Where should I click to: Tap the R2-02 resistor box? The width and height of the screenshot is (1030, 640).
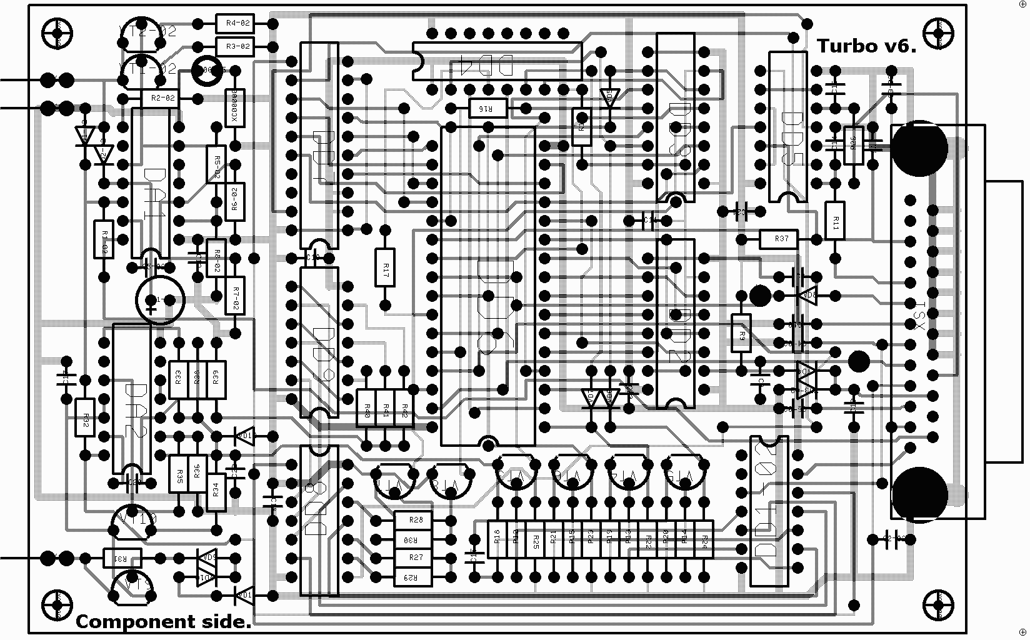160,98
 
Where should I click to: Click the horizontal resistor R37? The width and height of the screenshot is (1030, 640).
779,239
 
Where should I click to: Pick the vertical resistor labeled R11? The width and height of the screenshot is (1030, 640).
835,220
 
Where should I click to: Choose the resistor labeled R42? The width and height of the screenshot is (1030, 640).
404,409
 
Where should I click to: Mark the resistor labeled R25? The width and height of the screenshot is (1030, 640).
536,539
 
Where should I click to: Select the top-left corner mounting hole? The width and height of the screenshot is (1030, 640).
57,32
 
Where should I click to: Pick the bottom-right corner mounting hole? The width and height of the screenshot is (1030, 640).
938,604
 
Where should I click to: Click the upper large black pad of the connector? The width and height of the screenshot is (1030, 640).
919,149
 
